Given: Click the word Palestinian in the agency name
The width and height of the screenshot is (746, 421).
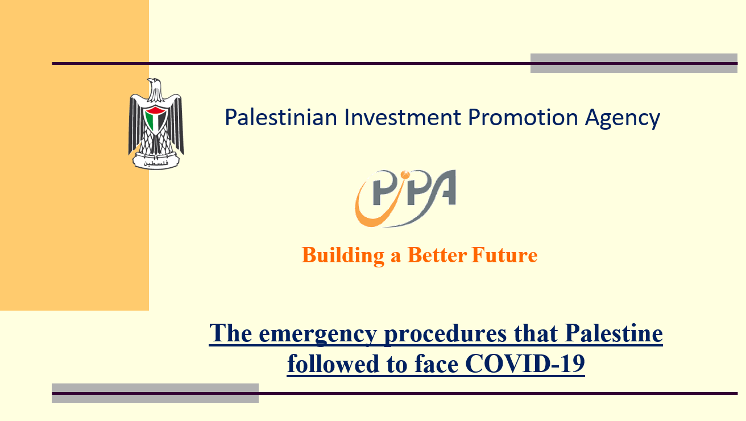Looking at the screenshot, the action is pyautogui.click(x=281, y=117).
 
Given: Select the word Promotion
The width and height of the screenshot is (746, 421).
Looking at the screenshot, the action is pyautogui.click(x=523, y=117).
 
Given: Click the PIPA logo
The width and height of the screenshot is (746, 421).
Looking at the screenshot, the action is pyautogui.click(x=405, y=199).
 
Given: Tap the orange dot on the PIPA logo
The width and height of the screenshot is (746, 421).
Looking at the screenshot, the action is pyautogui.click(x=405, y=175).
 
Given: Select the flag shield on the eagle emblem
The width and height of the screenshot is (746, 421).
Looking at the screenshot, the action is pyautogui.click(x=156, y=120).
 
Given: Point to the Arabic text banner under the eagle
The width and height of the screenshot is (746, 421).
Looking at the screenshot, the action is pyautogui.click(x=156, y=163).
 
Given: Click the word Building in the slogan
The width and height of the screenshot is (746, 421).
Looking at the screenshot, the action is pyautogui.click(x=343, y=256).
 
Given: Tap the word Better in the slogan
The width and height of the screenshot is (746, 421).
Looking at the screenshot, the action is pyautogui.click(x=437, y=255).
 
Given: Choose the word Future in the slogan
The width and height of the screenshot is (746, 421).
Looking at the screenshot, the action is pyautogui.click(x=504, y=255).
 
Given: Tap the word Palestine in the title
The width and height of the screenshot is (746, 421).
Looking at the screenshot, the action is pyautogui.click(x=614, y=333).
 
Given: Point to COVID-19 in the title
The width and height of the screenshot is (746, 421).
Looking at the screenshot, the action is pyautogui.click(x=525, y=364).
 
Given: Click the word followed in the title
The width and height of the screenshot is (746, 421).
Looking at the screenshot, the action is pyautogui.click(x=333, y=363).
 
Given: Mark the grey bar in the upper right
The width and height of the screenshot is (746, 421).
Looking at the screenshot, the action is pyautogui.click(x=634, y=63).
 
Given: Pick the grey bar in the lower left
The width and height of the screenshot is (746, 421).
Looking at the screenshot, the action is pyautogui.click(x=155, y=393).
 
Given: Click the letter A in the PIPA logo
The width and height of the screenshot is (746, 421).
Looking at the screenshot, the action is pyautogui.click(x=442, y=187).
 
